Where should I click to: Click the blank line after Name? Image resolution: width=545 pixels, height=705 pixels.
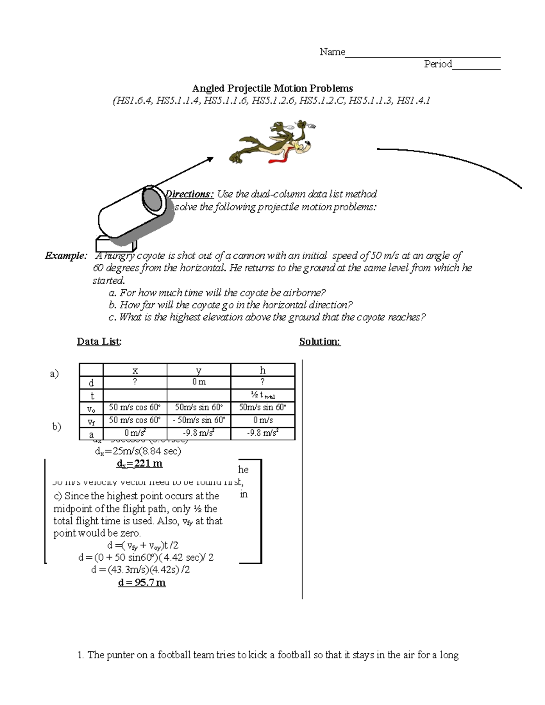point(422,55)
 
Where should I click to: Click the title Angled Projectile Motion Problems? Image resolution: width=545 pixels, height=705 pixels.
point(272,88)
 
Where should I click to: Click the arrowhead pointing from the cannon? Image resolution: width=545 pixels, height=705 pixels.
point(210,158)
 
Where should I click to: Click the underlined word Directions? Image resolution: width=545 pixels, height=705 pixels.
point(190,194)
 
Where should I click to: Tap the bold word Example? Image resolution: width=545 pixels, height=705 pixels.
point(65,256)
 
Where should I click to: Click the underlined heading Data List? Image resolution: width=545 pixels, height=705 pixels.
point(99,341)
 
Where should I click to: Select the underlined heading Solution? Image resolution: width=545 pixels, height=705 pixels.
point(320,341)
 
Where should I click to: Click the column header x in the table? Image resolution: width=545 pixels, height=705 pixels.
point(135,370)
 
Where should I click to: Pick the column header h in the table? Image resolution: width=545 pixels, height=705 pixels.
point(263,370)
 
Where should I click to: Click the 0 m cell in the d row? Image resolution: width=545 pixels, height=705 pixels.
point(198,382)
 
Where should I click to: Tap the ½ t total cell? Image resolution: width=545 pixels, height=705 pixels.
point(263,395)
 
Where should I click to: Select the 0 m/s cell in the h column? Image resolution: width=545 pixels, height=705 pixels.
point(263,420)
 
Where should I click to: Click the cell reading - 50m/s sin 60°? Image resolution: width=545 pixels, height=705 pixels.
point(198,420)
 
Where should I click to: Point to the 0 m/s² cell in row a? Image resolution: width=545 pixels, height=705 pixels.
point(135,433)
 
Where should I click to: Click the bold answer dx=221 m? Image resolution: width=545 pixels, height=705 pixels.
point(139,464)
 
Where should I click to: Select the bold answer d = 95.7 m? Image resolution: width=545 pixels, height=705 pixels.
point(142,582)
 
